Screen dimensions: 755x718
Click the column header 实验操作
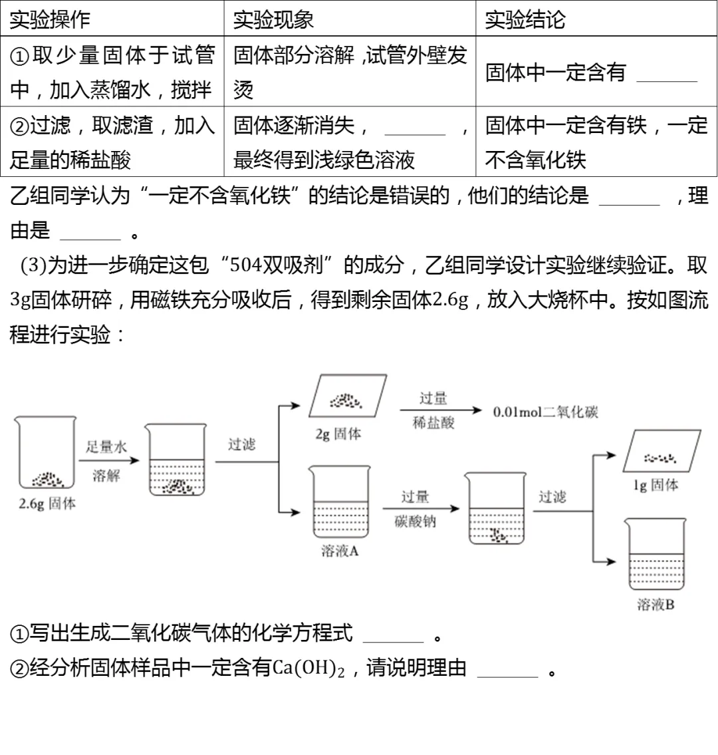[x=50, y=19]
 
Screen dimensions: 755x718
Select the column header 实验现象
[x=273, y=19]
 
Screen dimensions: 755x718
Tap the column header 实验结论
[x=525, y=19]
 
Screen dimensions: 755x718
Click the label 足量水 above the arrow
[x=106, y=446]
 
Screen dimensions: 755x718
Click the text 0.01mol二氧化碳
[x=545, y=412]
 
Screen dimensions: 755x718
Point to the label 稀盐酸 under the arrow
[x=433, y=423]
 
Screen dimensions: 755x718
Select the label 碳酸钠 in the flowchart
[x=416, y=522]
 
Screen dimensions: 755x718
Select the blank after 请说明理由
[x=507, y=670]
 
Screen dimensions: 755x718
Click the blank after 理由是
[x=90, y=232]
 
